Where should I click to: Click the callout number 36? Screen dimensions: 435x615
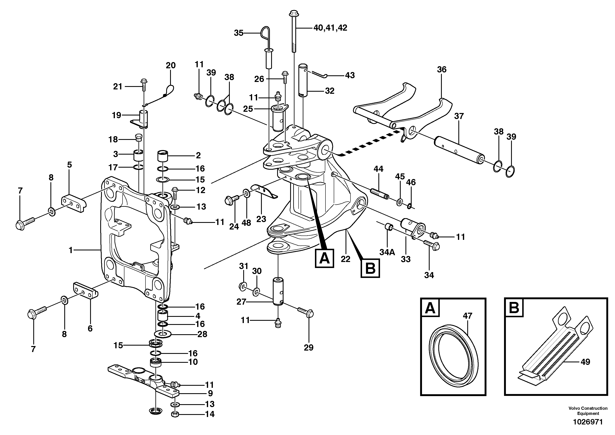441,70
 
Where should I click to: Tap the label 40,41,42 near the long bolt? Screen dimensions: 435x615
330,28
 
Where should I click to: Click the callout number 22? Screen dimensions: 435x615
346,259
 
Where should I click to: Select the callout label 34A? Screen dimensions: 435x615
387,252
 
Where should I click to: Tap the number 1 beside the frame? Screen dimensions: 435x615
71,250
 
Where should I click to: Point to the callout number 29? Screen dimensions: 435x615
309,348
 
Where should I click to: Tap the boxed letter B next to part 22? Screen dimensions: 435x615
370,268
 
